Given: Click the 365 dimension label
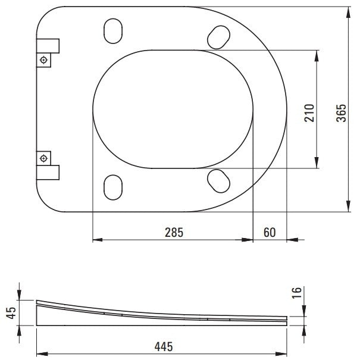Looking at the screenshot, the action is (341, 112).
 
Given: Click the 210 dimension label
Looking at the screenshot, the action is (309, 112).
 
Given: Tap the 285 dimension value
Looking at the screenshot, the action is (174, 232).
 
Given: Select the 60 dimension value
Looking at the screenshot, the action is (270, 232).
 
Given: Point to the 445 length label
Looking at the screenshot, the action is (164, 347).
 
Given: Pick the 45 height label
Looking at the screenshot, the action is (11, 313).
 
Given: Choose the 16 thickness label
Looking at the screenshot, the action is (296, 293).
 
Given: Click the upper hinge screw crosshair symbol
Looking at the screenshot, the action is (43, 60).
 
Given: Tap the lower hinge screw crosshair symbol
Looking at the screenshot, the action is (43, 158).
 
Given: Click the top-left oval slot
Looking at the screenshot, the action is (113, 31).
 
